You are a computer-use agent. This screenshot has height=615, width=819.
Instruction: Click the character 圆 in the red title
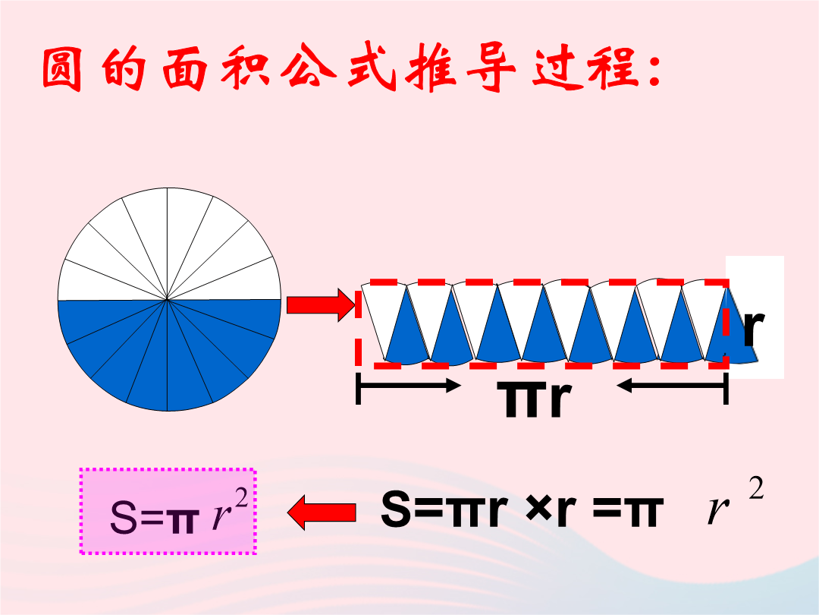coord(62,69)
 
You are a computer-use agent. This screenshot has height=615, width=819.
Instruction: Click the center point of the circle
coord(167,300)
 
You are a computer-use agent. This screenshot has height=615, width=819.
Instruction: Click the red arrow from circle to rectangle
coord(321,305)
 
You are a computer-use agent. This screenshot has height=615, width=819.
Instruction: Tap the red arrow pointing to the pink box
coord(322,512)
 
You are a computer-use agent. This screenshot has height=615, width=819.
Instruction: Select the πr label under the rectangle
coord(534,399)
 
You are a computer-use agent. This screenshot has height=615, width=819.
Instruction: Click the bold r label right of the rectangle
coord(753,328)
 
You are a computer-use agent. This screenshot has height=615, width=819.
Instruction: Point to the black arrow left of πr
coord(409,386)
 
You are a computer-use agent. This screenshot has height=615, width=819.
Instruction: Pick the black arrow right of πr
coord(672,386)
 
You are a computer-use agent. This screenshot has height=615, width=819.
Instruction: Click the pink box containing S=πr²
coord(168,511)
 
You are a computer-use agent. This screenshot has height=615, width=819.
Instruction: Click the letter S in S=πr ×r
coord(396,508)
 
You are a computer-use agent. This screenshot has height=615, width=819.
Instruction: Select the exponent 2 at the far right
coord(756,489)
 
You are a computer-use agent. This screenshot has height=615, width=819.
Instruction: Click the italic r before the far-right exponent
coord(719,510)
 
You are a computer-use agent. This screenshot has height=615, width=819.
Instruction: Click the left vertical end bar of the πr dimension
coord(358,388)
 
